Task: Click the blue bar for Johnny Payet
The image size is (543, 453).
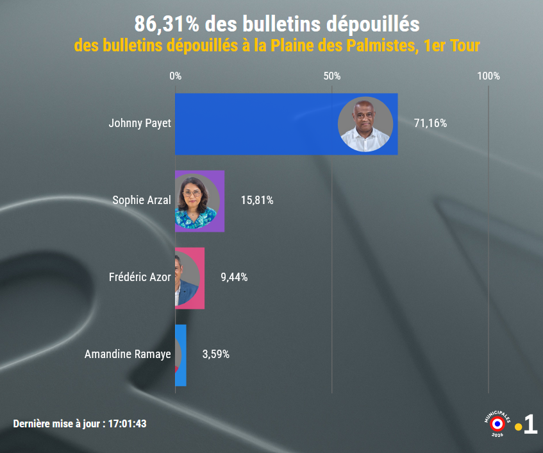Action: [256, 124]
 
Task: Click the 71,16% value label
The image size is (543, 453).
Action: [430, 123]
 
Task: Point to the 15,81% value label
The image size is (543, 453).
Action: [257, 200]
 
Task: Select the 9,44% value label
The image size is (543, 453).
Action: [234, 277]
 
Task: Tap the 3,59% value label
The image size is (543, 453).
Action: [215, 354]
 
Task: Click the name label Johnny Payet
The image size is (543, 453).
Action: [140, 123]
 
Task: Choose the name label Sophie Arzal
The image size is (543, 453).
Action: [142, 200]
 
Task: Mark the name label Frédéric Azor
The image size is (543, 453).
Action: [140, 277]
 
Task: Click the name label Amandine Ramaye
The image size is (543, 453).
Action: [128, 354]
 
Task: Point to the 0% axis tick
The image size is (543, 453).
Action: [175, 76]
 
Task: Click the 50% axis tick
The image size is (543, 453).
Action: [332, 76]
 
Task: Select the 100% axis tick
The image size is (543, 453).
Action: [489, 76]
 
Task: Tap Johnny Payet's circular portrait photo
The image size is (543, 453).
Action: [365, 124]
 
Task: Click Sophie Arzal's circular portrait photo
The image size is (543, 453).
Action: [197, 201]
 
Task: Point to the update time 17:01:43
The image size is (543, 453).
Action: [128, 424]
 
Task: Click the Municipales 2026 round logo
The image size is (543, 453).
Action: [497, 423]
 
